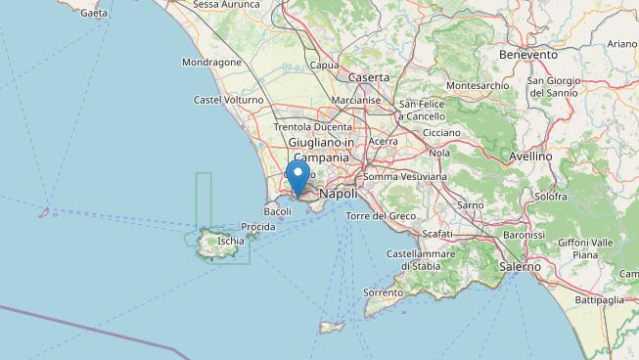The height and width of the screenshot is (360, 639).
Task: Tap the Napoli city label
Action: point(339,194)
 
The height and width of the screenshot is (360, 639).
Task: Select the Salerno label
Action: point(519,266)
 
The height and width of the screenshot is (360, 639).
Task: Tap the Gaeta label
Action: point(95,14)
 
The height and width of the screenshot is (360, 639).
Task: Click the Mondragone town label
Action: point(211,63)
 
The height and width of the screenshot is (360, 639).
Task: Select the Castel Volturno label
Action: point(228,100)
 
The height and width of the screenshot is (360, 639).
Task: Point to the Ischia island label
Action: point(231,241)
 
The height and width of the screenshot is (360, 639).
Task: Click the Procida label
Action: point(258,227)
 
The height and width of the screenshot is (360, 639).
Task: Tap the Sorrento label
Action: point(384,292)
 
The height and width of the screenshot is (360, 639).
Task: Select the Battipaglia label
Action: point(605,299)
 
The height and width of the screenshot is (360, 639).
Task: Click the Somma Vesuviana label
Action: point(405,176)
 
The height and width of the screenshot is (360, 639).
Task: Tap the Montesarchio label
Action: point(478,86)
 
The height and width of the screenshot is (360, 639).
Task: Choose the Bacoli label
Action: point(278,211)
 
